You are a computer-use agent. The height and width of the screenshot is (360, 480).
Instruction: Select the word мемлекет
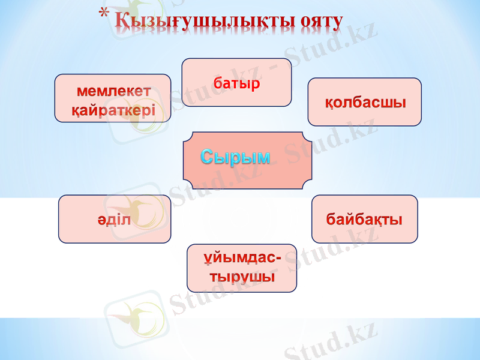(113, 91)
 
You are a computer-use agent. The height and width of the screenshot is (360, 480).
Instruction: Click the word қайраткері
(113, 110)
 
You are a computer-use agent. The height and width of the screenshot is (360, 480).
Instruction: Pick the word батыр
(236, 83)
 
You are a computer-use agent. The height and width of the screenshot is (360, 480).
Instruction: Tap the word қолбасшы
(365, 101)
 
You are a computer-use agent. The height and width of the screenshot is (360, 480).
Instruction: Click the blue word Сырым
(235, 157)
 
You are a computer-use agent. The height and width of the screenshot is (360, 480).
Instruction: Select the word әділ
(114, 219)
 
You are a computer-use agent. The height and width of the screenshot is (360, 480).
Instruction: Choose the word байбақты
(364, 219)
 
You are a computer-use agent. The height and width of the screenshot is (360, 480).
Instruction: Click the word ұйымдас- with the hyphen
(241, 259)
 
